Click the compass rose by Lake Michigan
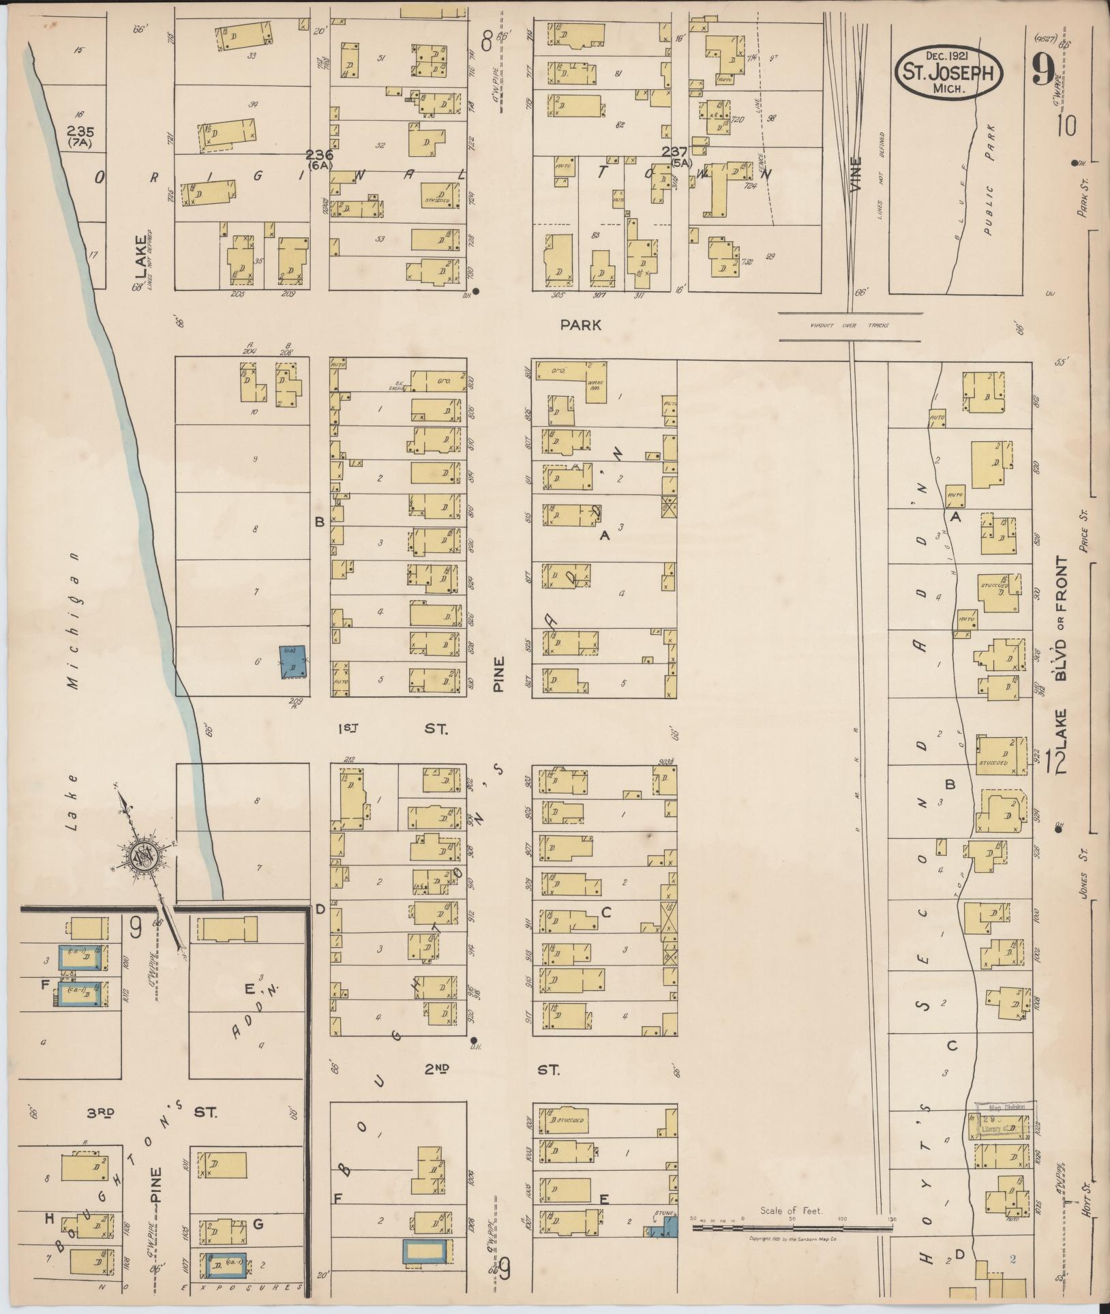(x=145, y=856)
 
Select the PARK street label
(x=580, y=325)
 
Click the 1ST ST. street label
(x=393, y=729)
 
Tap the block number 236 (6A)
(x=318, y=159)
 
